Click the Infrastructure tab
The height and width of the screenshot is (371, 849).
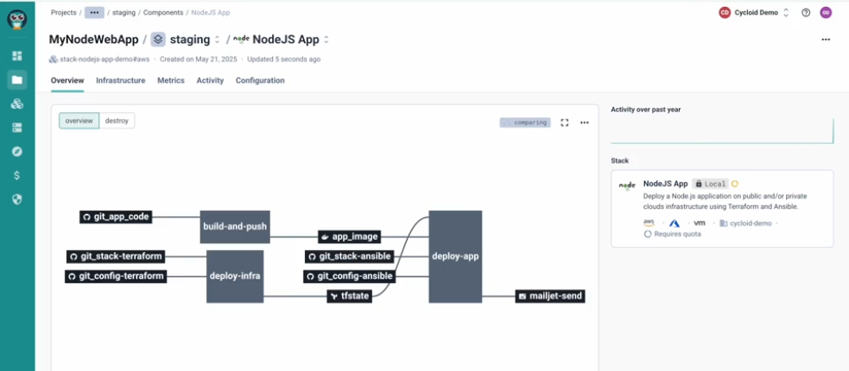pos(120,80)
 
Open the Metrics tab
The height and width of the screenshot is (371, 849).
pos(170,80)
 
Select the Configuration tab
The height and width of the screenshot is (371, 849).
pos(260,80)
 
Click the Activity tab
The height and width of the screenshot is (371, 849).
pos(210,80)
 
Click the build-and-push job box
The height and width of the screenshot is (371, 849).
pos(235,226)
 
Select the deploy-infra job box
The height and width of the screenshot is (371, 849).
pos(235,276)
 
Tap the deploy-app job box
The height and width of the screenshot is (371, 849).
pos(455,256)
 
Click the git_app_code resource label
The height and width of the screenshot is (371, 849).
pos(116,217)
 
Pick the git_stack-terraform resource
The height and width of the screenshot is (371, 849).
pos(116,256)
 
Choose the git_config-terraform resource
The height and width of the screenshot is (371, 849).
pos(116,276)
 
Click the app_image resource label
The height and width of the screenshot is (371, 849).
pos(350,236)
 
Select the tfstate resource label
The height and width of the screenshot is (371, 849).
pos(350,297)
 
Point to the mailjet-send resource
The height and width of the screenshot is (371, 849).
pos(550,296)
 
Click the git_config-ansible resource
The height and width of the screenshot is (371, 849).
pos(350,276)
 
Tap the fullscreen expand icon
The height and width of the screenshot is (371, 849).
pos(565,123)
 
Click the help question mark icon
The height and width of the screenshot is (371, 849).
pos(806,13)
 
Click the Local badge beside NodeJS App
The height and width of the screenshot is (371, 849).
pos(710,184)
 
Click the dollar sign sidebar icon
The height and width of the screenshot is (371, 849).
pos(16,174)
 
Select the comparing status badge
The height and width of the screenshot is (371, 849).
pos(524,123)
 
